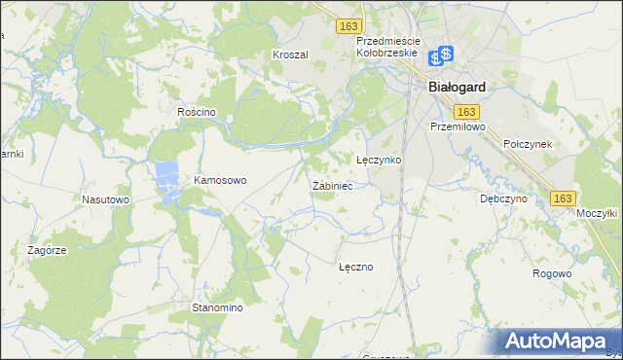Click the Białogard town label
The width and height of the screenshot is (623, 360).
click(x=457, y=86)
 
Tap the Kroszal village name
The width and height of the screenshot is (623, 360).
click(x=290, y=55)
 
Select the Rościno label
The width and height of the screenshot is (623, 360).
click(x=196, y=113)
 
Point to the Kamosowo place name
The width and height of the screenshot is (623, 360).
click(x=221, y=180)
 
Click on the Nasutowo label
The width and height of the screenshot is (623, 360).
click(x=106, y=199)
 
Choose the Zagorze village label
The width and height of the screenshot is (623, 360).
click(x=47, y=250)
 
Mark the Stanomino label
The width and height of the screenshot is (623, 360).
click(x=216, y=307)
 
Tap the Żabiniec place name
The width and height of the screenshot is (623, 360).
click(x=332, y=185)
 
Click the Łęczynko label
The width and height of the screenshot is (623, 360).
click(x=379, y=160)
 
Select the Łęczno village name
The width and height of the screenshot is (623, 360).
click(x=355, y=266)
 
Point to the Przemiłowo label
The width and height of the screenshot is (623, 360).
click(x=457, y=126)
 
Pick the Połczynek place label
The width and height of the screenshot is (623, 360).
click(x=529, y=143)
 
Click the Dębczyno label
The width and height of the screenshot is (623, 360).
click(x=503, y=198)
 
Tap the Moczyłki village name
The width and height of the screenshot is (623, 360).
click(x=597, y=212)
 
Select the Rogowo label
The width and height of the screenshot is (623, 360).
click(x=552, y=273)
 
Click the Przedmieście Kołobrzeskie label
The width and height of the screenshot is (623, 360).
click(x=387, y=47)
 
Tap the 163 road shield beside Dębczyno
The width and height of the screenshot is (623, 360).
click(x=562, y=198)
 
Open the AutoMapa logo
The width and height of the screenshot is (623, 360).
click(x=558, y=341)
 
